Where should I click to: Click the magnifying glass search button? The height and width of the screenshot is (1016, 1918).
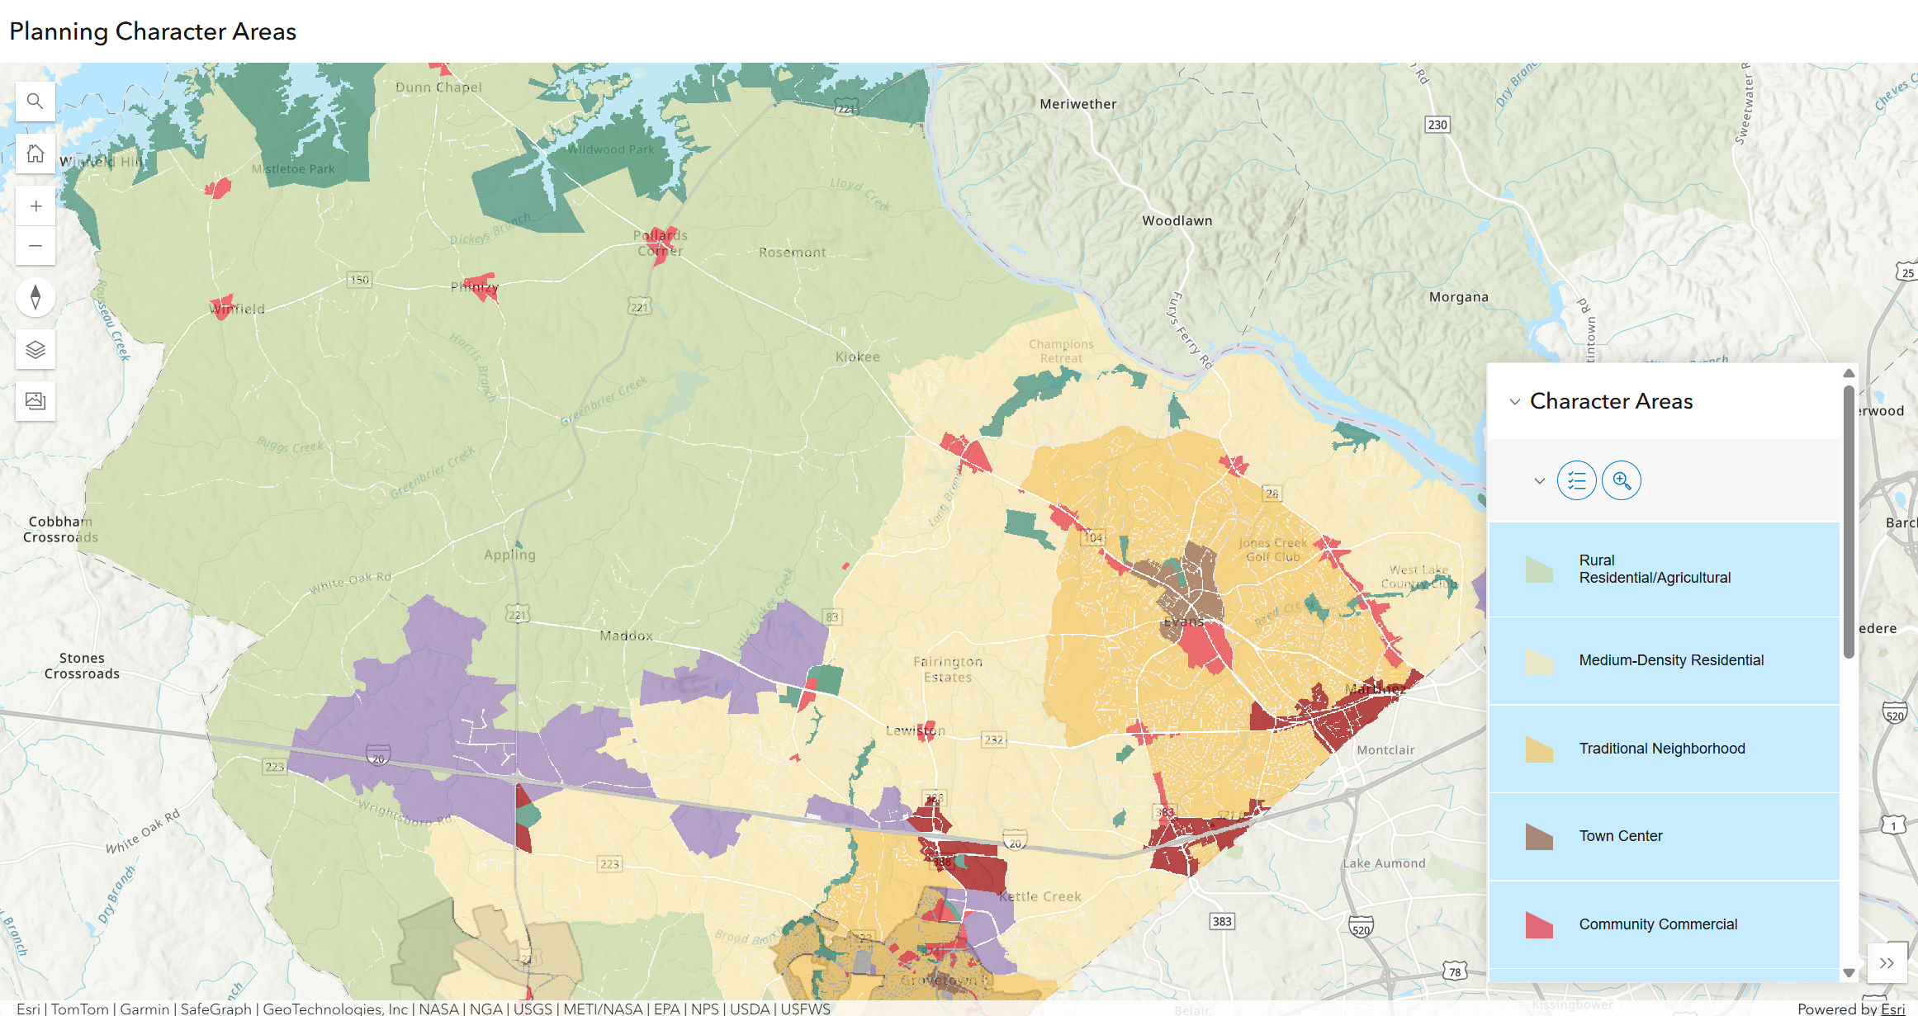point(35,102)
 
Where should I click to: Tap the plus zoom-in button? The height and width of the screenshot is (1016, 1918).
point(36,206)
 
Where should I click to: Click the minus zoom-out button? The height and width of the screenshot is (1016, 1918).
point(36,246)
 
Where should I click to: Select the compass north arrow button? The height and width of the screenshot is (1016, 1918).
point(36,297)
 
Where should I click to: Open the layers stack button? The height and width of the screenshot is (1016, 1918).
point(36,350)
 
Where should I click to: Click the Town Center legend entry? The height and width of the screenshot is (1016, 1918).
point(1620,836)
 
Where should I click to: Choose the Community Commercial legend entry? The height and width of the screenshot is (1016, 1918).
point(1657,924)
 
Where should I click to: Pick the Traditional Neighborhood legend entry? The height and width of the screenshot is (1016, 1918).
point(1661,749)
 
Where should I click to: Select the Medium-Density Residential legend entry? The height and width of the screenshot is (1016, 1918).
point(1670,660)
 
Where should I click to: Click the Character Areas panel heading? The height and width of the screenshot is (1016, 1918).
point(1610,401)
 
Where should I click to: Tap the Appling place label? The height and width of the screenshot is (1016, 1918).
point(509,555)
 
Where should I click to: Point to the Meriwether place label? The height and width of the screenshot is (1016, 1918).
point(1077,104)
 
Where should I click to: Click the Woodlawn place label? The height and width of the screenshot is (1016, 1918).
point(1177,220)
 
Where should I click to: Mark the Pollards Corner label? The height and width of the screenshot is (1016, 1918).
point(660,243)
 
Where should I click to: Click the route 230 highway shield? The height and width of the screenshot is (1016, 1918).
point(1437,125)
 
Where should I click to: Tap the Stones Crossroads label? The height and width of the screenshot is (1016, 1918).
point(82,665)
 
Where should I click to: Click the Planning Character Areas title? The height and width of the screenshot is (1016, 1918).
point(153,31)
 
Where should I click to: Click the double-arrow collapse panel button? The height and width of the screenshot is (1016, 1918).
point(1886,963)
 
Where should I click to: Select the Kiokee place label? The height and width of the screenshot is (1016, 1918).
point(857,357)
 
